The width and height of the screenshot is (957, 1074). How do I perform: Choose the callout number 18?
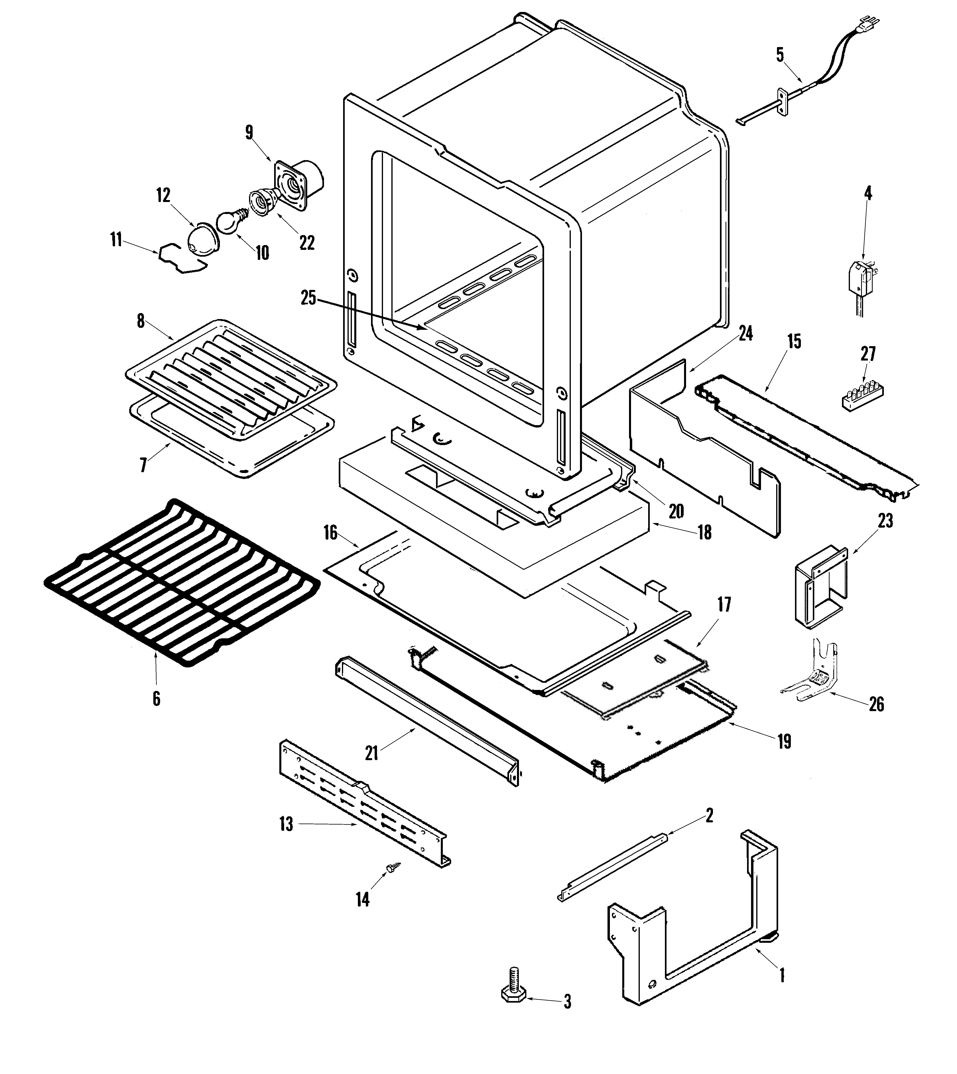(705, 532)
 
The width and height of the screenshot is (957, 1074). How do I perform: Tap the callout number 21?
(372, 753)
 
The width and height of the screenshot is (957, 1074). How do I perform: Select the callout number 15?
(794, 341)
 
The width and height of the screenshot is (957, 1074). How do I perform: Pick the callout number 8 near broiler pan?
(140, 321)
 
